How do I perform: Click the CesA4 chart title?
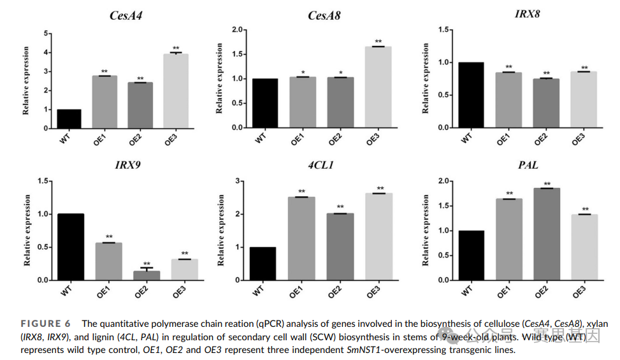pos(126,15)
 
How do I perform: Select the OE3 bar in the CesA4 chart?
pos(176,91)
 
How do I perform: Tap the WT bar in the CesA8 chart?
pos(264,103)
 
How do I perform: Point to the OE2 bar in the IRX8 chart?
pos(545,103)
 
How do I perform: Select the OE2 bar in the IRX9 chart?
pos(147,275)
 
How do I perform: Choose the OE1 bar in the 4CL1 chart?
pos(301,238)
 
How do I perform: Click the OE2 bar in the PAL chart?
pos(547,234)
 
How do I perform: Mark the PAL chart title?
pos(528,166)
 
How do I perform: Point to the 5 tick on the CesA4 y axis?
pos(46,33)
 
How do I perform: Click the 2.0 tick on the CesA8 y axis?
pos(238,29)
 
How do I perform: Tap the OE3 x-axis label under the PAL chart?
pos(579,292)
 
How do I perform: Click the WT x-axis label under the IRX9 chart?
pos(66,291)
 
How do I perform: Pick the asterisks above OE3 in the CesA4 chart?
pos(176,48)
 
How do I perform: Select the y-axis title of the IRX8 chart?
pos(426,78)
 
